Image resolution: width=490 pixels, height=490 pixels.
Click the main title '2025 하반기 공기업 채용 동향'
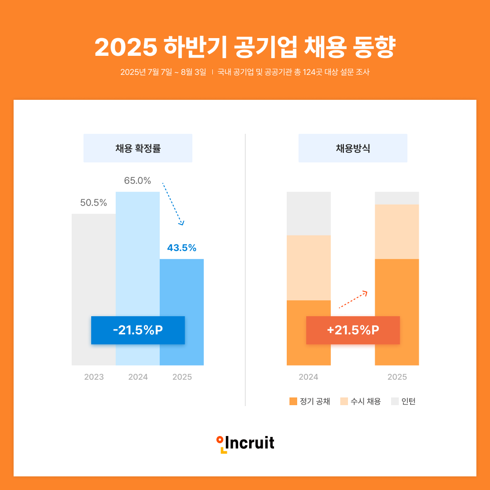[245, 47]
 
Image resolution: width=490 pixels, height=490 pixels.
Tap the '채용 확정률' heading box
[138, 148]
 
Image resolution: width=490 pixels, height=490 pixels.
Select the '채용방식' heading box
[353, 148]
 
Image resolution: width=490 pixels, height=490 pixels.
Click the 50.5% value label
[93, 203]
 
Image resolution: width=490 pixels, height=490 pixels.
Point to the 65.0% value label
[137, 181]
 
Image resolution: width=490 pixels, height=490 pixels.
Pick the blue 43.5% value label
[181, 248]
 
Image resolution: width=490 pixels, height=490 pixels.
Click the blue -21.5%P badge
[138, 330]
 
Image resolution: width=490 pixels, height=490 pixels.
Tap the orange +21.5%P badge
[353, 330]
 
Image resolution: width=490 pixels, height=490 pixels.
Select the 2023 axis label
[94, 377]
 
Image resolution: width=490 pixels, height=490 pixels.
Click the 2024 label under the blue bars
[138, 377]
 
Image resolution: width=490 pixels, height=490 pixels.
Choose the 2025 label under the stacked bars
[397, 377]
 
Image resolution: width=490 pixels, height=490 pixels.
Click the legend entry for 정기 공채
[310, 402]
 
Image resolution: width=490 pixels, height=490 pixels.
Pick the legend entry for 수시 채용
[360, 402]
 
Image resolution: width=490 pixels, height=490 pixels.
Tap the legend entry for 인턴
[403, 402]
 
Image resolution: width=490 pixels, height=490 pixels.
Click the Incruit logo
[245, 443]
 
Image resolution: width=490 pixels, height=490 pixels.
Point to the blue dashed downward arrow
[173, 204]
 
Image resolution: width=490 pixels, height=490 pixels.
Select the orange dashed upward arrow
[353, 299]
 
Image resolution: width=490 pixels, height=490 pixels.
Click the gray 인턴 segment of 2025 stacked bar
[397, 198]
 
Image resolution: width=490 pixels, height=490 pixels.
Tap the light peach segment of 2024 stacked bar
[309, 268]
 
